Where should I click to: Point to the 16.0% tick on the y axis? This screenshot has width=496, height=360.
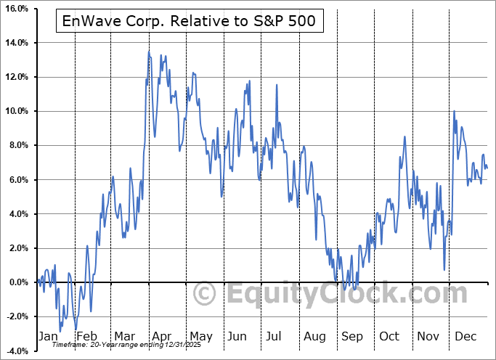[x=15, y=9]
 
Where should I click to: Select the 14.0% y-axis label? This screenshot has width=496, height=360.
[x=15, y=43]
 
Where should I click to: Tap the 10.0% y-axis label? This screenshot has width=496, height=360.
[x=15, y=111]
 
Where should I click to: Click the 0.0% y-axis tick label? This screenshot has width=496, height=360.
[x=17, y=282]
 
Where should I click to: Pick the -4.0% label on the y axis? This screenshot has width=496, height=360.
[x=16, y=351]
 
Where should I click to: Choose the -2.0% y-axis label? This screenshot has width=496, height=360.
[x=16, y=316]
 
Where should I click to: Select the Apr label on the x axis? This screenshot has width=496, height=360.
[x=161, y=337]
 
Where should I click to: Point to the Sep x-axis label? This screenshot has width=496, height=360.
[x=354, y=337]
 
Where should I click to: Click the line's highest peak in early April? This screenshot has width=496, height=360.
[x=149, y=52]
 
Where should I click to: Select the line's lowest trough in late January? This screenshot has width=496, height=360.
[x=60, y=332]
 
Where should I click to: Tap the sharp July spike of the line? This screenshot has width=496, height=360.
[x=276, y=86]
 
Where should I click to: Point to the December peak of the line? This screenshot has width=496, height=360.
[x=454, y=112]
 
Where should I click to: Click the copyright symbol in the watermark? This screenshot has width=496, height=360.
[x=205, y=294]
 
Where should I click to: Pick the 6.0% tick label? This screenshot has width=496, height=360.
[x=17, y=179]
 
